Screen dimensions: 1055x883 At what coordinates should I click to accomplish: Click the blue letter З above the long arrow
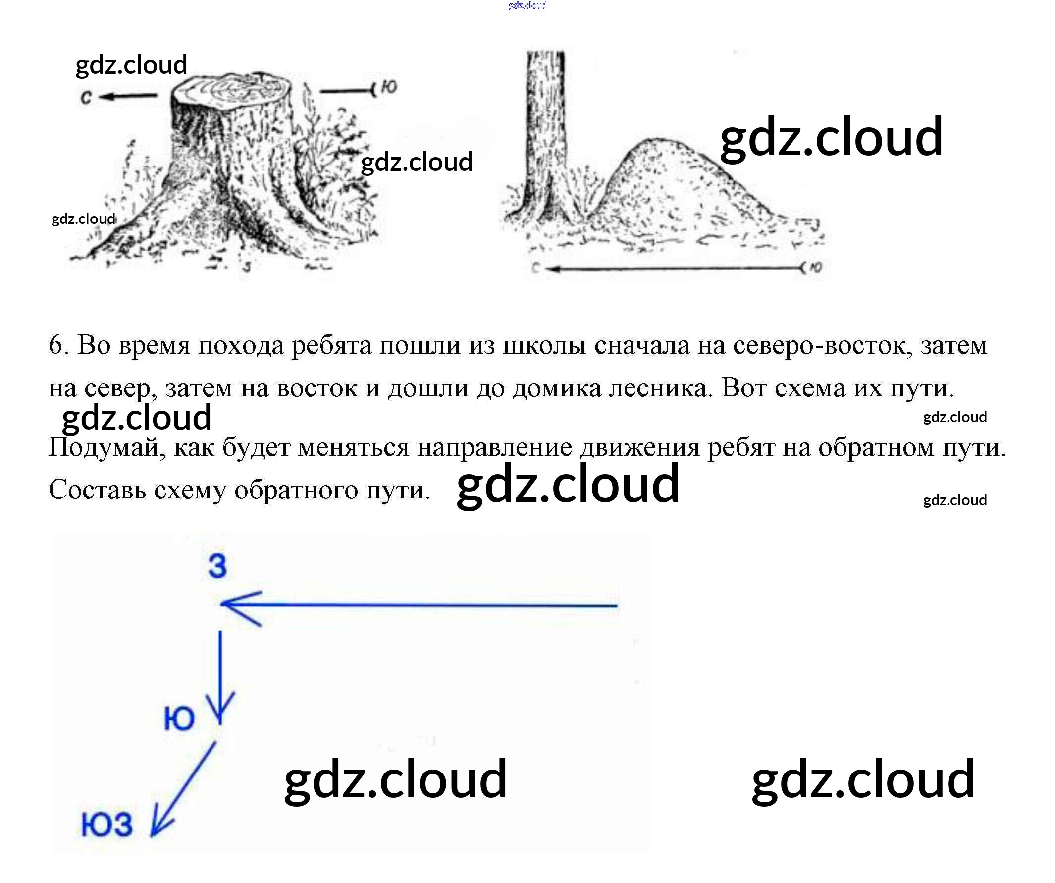pyautogui.click(x=217, y=566)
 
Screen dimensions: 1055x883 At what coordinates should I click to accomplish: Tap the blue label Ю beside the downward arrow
pyautogui.click(x=179, y=718)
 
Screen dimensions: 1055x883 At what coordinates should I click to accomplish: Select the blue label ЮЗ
pyautogui.click(x=107, y=825)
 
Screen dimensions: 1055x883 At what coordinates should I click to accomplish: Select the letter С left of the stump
pyautogui.click(x=86, y=98)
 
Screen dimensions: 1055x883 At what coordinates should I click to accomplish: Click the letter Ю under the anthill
pyautogui.click(x=816, y=268)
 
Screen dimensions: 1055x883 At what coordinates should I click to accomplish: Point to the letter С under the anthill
pyautogui.click(x=535, y=269)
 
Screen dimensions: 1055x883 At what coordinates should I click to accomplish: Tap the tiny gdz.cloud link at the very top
pyautogui.click(x=527, y=5)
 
